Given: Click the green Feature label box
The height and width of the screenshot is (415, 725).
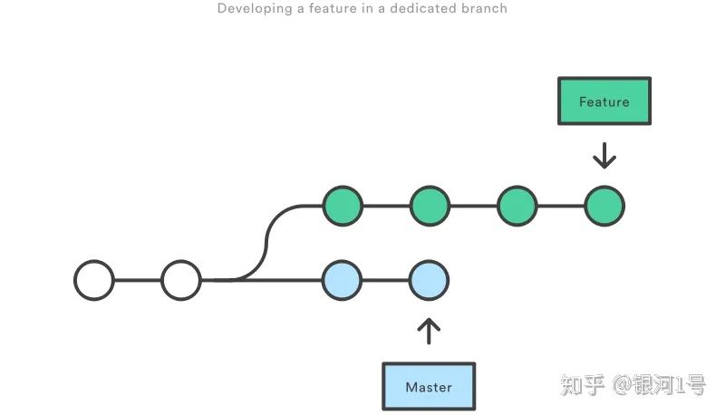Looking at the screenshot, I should pos(604,101).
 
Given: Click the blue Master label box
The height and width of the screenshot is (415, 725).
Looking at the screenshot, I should pos(429,387).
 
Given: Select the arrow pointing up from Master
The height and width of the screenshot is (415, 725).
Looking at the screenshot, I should pos(429,330).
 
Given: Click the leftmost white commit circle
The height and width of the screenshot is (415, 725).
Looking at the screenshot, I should pos(94,280).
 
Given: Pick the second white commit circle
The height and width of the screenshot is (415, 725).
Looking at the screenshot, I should pos(181,280).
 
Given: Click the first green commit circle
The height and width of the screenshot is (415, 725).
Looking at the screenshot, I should pos(343,206).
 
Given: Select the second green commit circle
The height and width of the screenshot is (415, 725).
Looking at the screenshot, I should pos(430,206).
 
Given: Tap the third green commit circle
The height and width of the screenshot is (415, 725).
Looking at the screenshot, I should pos(517,206).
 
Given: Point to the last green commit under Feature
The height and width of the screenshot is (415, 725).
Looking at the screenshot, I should pos(604,206).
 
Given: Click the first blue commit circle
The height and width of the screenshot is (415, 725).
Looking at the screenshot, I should pos(343,280).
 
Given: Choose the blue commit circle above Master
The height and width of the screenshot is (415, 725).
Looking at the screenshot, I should pos(429,280).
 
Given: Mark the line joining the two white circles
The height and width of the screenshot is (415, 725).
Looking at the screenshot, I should pos(138,280).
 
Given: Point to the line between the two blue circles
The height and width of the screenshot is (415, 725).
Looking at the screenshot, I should pos(386,280).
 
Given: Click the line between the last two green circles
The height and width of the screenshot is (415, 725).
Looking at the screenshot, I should pos(561,206).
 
